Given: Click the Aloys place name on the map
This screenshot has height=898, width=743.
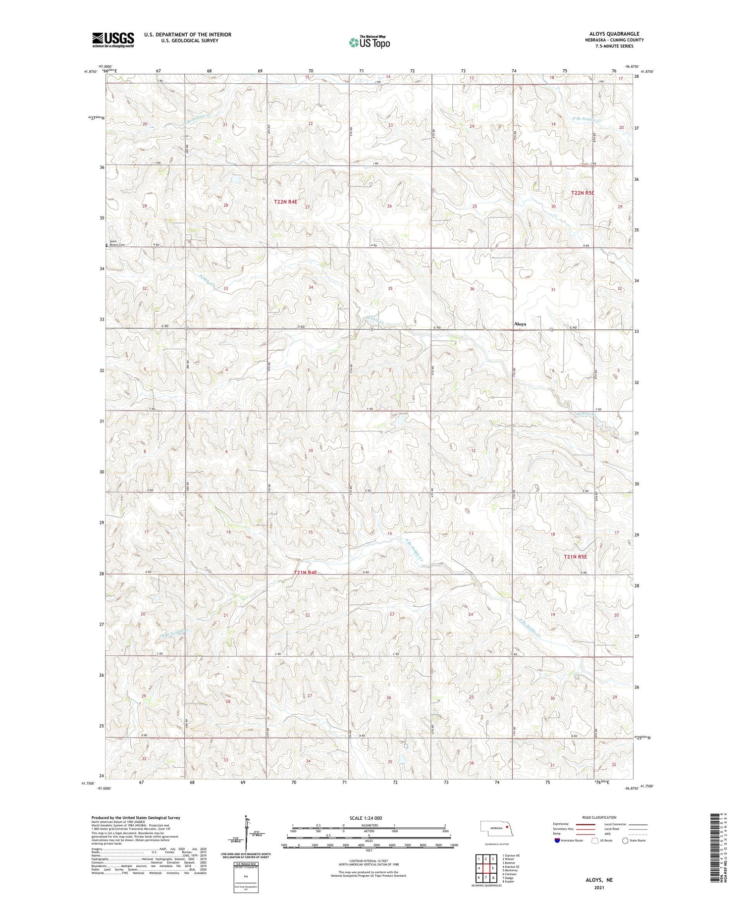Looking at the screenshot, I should coord(520,324).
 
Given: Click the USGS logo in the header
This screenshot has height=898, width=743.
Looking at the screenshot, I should coord(113,40).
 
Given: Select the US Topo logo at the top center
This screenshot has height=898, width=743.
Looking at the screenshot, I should coord(370,43).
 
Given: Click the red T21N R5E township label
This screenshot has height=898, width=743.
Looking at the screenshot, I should coord(575,556).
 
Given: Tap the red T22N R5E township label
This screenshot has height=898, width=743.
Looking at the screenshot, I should coord(582,193).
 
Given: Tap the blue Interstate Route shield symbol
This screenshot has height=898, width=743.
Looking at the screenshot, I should coord(557,841).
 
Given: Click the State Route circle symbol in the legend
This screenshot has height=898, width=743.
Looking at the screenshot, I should coord(626,841).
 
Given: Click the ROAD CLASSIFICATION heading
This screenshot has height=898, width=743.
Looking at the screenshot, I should coord(599,817).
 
